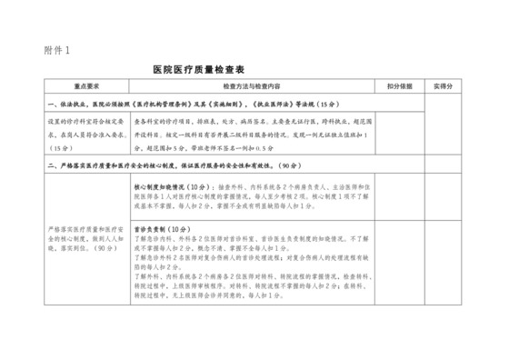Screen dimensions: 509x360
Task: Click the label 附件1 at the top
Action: pos(55,49)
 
